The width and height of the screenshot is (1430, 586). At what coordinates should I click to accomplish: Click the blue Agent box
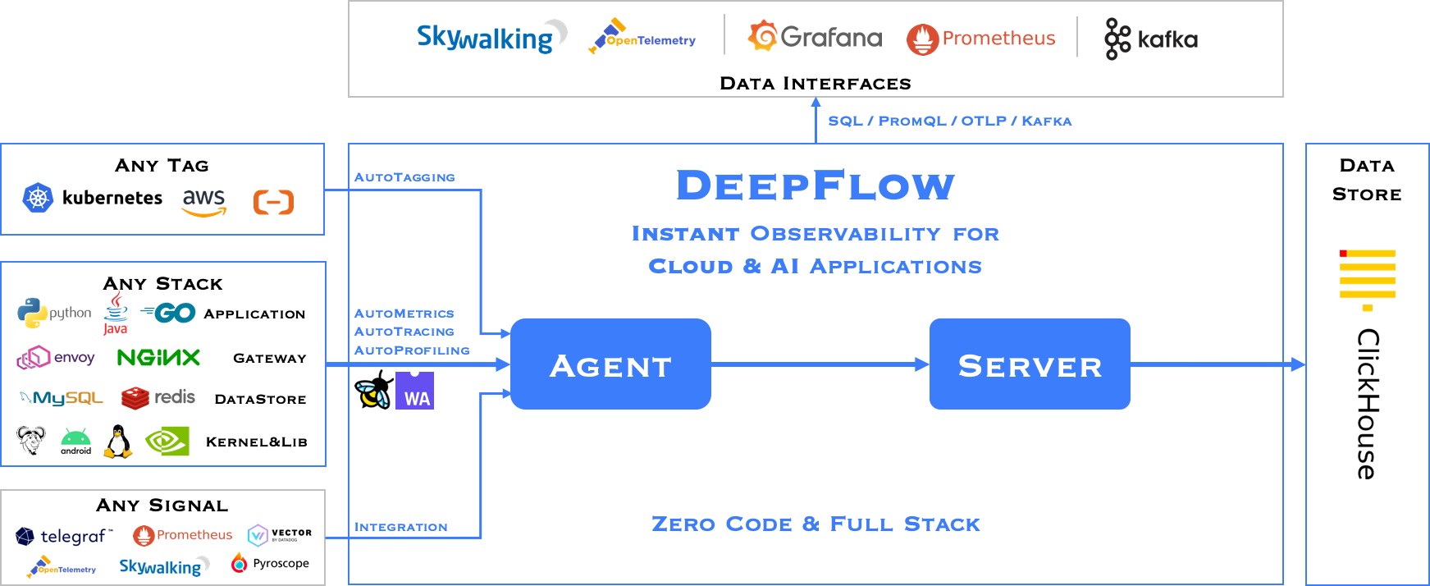tap(610, 364)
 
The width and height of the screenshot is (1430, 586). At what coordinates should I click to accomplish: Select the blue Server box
tap(1029, 364)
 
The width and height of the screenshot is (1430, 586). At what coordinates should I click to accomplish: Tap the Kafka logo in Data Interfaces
tap(1150, 39)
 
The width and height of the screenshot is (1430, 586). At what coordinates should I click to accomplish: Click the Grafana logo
tap(815, 37)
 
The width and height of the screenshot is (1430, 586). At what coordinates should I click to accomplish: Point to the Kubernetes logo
tap(92, 198)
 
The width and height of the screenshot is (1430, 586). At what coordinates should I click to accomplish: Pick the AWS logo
tap(203, 201)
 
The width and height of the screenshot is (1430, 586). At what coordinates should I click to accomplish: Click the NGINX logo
tap(158, 357)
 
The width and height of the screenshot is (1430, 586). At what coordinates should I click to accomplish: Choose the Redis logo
tap(158, 398)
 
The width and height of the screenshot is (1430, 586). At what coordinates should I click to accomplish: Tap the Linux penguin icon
tap(118, 442)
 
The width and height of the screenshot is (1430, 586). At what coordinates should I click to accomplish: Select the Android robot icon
tap(75, 441)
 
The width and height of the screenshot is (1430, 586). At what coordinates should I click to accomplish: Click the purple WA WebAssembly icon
tap(414, 391)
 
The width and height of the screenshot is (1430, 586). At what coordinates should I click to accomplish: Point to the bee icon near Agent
tap(373, 390)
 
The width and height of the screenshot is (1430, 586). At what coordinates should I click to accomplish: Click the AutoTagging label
tap(404, 177)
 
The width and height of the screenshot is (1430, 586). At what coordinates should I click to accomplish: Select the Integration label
tap(400, 527)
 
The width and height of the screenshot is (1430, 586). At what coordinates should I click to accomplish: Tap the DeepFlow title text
tap(815, 185)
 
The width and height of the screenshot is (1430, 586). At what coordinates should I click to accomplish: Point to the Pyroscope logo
tap(270, 563)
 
